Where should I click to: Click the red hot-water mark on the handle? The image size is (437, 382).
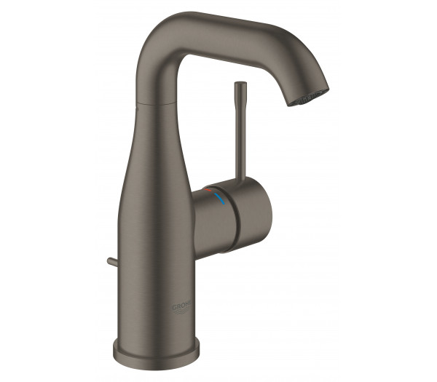pos(212,191)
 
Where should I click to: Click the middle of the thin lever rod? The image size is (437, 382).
pos(238,138)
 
